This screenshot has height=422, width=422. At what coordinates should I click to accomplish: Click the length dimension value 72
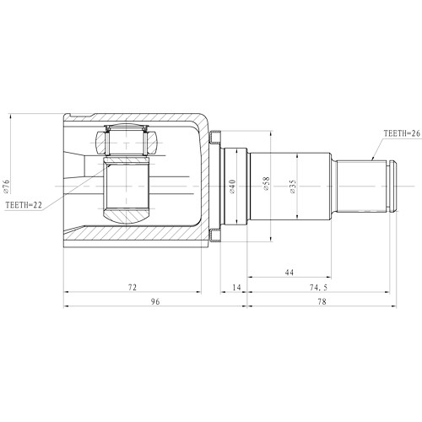pos(133,288)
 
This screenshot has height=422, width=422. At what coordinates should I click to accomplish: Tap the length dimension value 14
pos(235,288)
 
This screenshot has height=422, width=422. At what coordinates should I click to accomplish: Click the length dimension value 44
pos(289,273)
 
